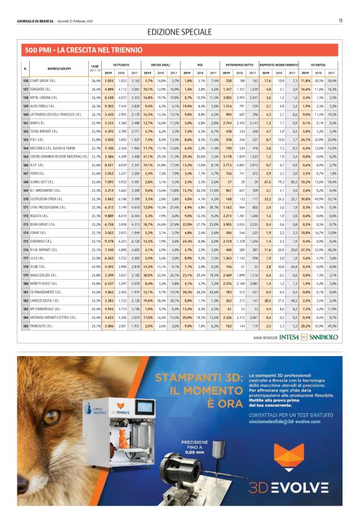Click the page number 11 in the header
coord(341,21)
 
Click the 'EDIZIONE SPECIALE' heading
coord(181,32)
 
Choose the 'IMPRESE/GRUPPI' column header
coord(57,67)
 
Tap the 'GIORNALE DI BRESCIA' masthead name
coord(37,21)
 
